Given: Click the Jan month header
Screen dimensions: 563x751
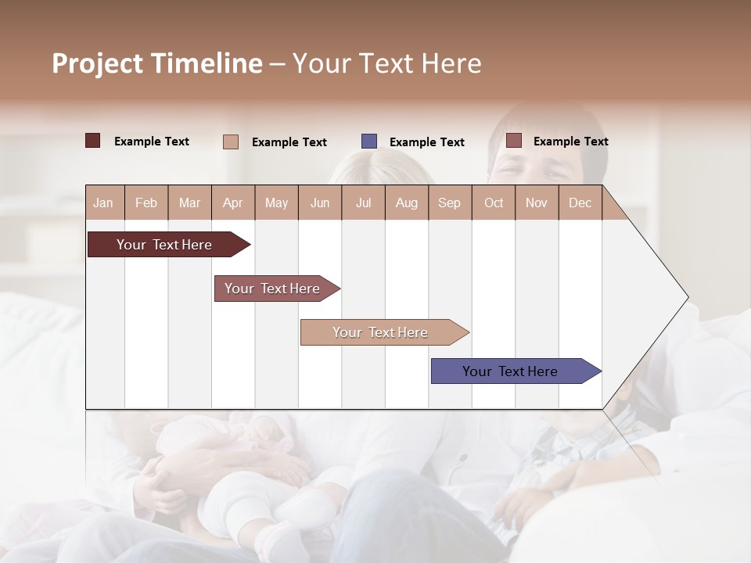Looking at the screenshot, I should [x=103, y=203].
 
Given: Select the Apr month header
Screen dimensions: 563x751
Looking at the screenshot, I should [x=232, y=203].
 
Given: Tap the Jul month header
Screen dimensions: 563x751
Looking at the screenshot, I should [x=363, y=203].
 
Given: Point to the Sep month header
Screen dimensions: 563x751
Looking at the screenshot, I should [x=449, y=203].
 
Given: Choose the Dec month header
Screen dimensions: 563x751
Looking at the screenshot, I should [x=580, y=203].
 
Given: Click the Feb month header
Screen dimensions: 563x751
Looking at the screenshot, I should [x=146, y=203].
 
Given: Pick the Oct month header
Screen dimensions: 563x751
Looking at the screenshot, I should [x=494, y=203].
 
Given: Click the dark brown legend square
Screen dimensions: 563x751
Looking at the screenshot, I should [x=93, y=141].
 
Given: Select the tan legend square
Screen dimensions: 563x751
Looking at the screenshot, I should [x=231, y=142].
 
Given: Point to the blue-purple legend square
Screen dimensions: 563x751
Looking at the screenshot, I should [x=369, y=142].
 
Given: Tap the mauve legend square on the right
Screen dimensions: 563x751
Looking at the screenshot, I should [x=514, y=141].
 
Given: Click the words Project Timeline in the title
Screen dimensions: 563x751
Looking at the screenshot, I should [x=156, y=63].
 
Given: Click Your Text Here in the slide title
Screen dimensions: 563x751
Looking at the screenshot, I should [x=387, y=63].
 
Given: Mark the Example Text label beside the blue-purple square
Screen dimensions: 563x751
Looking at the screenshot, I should [x=426, y=142].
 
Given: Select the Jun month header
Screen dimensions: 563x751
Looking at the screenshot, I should [x=320, y=203].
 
